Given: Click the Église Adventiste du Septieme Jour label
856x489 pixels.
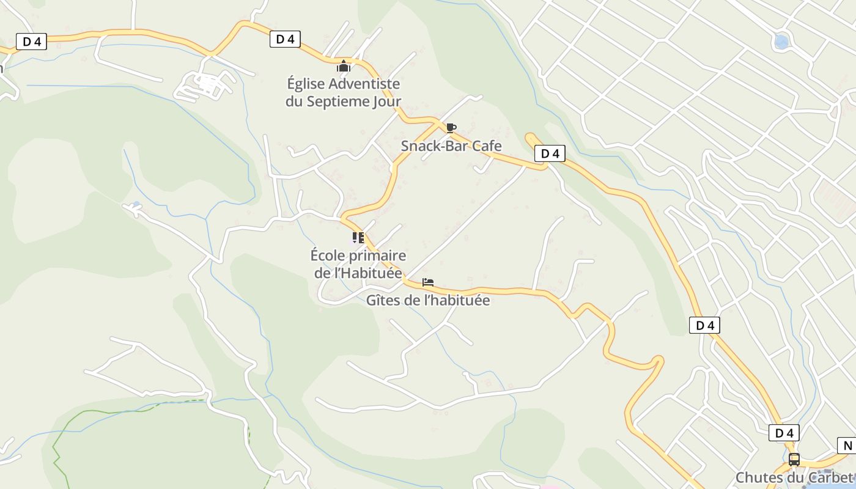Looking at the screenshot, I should pos(343,92).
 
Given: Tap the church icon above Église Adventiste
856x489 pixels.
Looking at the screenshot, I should pos(344,66).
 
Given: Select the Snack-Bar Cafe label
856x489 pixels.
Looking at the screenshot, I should pos(451,145).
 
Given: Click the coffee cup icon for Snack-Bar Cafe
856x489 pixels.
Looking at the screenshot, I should pos(451,128).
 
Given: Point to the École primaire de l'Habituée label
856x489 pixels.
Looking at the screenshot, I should pos(358,263).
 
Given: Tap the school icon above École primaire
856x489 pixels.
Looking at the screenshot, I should pos(358,238).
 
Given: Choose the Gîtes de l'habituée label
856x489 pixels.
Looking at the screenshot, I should pos(428,300).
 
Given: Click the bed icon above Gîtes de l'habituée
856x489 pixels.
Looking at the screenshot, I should pos(428,282).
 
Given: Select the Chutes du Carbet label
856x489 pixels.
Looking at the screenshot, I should pos(794,477).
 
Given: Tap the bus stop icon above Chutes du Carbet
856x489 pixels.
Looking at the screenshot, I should pos(794,460).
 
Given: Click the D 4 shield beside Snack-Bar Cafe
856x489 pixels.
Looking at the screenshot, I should pos(550,153).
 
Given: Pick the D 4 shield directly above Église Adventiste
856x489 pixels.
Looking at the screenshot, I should pos(285,39).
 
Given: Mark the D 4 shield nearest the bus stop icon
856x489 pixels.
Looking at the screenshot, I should pos(784,433).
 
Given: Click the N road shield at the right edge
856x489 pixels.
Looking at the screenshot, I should pos(847,446).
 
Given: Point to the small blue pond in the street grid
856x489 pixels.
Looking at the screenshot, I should pos(781,42).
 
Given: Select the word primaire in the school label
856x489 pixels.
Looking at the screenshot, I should pos(378,255).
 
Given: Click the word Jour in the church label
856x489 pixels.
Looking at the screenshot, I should pos(387,101).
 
